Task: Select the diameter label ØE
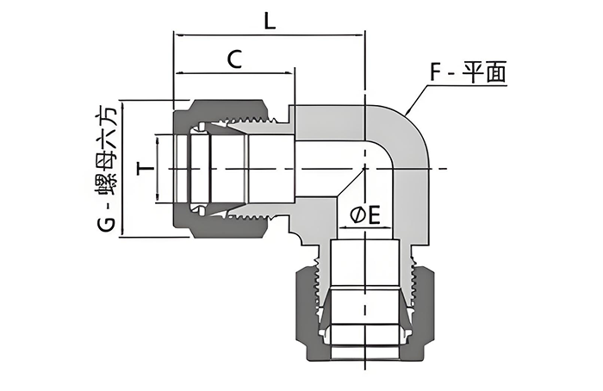[x=365, y=216]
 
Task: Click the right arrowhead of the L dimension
[x=361, y=35]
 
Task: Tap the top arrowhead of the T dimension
[x=157, y=137]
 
